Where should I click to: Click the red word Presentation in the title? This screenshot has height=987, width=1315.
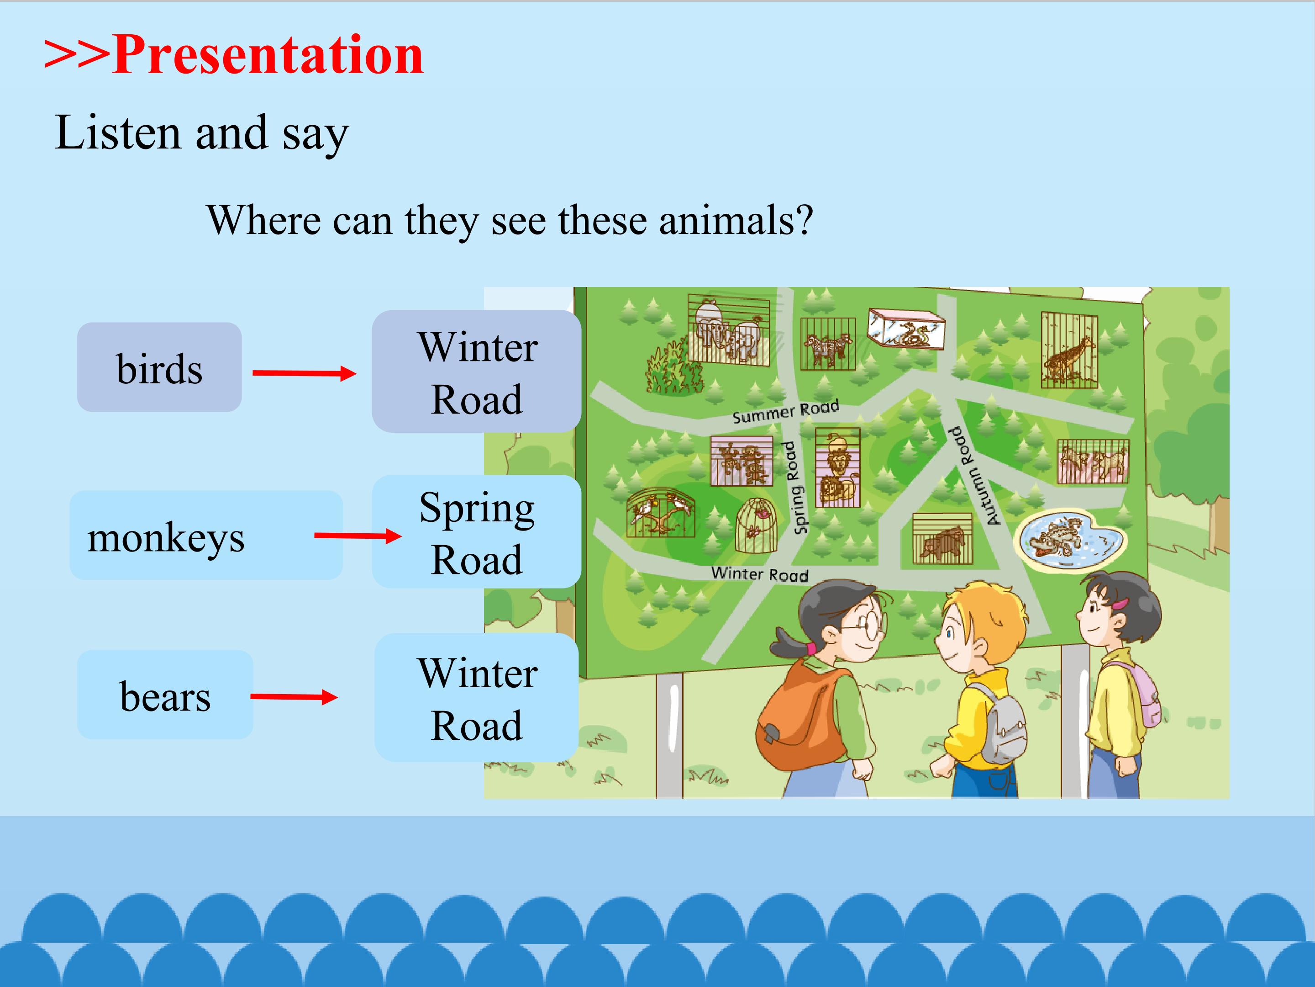coord(268,55)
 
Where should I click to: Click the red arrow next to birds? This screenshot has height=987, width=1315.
coord(305,374)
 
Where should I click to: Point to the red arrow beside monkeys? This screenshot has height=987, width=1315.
coord(358,536)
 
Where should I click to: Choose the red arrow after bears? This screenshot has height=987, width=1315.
coord(294,697)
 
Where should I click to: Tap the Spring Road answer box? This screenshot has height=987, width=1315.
coord(477,532)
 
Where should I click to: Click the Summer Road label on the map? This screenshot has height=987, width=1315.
coord(786,412)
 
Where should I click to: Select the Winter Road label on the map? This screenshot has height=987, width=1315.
coord(760,573)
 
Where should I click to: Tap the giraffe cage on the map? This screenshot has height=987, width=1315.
coord(1069,350)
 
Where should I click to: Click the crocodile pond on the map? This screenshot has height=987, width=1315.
coord(1069,538)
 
